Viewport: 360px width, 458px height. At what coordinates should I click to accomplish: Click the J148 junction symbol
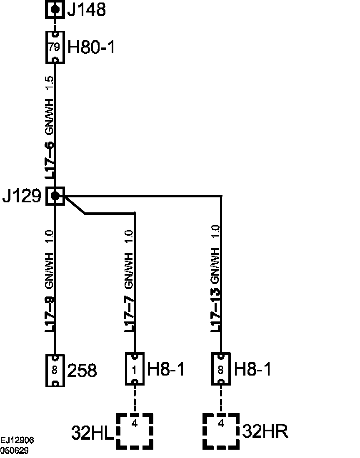[x=55, y=9]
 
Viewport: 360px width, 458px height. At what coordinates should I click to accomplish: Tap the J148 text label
[x=86, y=10]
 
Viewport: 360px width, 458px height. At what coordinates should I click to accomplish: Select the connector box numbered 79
[x=55, y=47]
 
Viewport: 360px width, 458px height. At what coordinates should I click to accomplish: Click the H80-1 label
[x=91, y=47]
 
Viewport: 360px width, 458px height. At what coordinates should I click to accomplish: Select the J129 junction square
[x=55, y=196]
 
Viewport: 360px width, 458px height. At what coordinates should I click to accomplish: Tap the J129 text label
[x=22, y=196]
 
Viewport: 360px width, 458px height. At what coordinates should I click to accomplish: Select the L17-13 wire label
[x=215, y=311]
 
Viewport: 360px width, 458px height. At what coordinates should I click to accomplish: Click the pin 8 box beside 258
[x=55, y=370]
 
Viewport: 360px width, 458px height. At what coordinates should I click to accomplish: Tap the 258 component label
[x=82, y=370]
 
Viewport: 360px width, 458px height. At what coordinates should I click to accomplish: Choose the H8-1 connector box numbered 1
[x=135, y=369]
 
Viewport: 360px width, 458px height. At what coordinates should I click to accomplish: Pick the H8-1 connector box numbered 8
[x=221, y=369]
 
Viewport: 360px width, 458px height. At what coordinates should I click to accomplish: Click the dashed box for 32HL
[x=135, y=431]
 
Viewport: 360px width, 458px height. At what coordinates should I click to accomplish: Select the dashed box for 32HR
[x=221, y=431]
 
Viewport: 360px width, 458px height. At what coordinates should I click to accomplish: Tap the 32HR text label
[x=265, y=432]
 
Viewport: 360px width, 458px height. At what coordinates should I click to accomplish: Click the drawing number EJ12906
[x=17, y=440]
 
